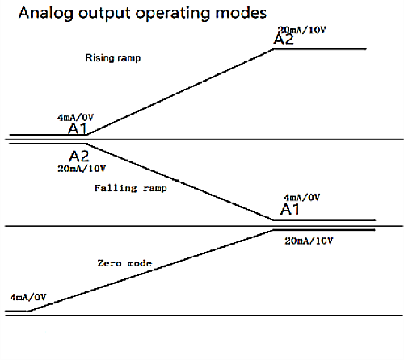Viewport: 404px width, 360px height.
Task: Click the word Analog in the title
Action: (46, 13)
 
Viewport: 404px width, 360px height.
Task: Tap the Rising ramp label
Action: (113, 58)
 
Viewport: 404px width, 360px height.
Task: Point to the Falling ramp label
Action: (130, 188)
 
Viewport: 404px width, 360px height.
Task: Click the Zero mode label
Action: (124, 263)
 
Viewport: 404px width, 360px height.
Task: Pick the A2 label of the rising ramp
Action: (284, 40)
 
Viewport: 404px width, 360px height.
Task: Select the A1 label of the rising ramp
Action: (78, 129)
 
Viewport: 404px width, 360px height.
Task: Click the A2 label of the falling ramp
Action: (79, 156)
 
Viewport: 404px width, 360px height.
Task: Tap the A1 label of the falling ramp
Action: (290, 209)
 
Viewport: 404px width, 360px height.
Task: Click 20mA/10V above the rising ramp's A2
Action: (301, 30)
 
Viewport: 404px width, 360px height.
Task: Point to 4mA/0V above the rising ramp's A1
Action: (75, 118)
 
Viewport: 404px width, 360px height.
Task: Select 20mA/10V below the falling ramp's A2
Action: (82, 169)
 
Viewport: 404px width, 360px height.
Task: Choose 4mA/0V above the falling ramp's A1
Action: (301, 198)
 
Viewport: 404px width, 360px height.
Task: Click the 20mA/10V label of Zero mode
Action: (309, 241)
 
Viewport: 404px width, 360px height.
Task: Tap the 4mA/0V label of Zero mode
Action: (28, 297)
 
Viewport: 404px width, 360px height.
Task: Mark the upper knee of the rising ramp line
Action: (274, 49)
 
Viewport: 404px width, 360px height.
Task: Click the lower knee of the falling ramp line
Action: (273, 220)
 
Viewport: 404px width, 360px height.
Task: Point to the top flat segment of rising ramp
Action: (320, 49)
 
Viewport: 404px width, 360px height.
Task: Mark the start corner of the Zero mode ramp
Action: (27, 312)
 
